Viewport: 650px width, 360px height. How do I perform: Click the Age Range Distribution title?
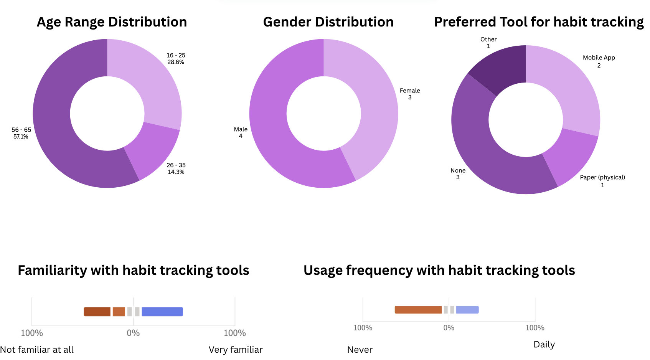(112, 22)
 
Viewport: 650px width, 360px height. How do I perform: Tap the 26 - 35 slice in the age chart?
(153, 152)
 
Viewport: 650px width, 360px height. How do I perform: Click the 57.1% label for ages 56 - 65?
(21, 137)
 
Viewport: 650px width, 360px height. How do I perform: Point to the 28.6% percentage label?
(176, 62)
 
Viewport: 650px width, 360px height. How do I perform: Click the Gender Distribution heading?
(328, 22)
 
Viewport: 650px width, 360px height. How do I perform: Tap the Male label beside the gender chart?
(241, 129)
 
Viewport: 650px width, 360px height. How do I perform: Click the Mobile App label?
(599, 58)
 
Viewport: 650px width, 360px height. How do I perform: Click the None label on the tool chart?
(458, 170)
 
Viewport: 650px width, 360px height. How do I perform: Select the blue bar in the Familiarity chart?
(162, 312)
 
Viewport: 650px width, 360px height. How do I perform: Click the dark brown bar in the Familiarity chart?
(97, 312)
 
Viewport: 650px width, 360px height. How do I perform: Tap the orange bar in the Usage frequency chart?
(418, 310)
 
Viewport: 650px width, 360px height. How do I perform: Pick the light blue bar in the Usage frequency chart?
(467, 310)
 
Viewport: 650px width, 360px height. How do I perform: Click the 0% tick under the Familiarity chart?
(133, 333)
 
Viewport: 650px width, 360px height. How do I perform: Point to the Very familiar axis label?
(236, 350)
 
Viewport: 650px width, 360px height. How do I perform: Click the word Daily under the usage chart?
(544, 344)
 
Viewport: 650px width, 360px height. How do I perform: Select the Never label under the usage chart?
(360, 350)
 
